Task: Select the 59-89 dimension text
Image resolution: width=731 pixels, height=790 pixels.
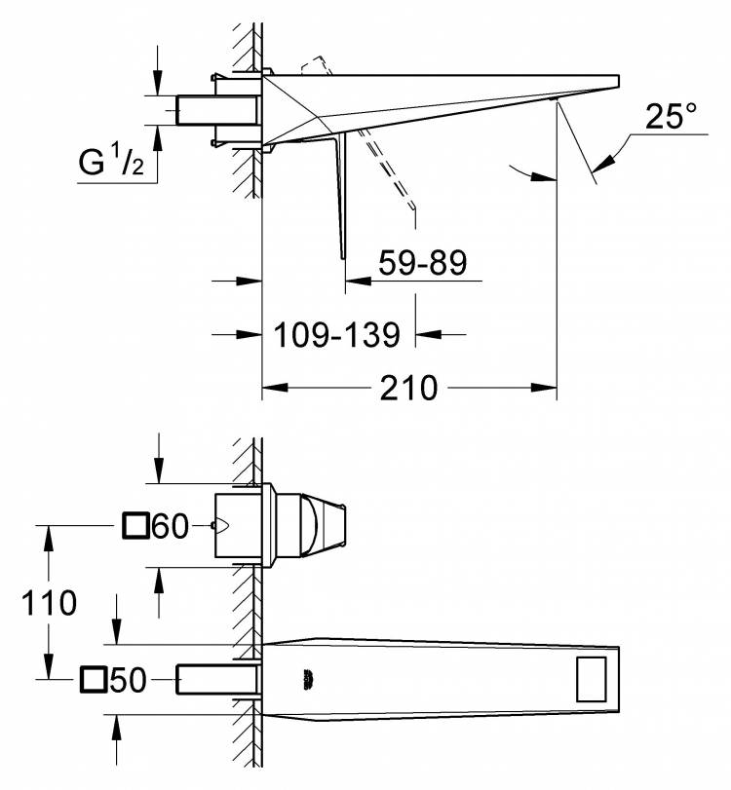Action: tap(422, 262)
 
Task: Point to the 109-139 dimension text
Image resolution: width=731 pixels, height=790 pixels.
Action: tap(336, 334)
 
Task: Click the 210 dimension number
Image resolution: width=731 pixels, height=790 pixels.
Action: tap(408, 388)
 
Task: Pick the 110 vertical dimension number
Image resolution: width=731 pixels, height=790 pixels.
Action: tap(49, 603)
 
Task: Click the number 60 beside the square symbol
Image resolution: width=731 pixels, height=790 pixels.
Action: tap(171, 526)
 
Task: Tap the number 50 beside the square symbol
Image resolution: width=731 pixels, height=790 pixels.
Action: tap(128, 680)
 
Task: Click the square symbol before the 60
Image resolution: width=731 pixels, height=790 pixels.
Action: tap(135, 526)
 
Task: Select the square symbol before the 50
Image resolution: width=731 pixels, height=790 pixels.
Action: tap(94, 680)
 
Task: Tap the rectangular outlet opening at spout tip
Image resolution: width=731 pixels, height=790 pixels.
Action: tap(592, 679)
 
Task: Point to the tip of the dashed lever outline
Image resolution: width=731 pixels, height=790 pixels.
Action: tap(414, 207)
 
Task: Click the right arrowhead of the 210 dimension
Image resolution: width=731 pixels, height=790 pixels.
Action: tap(544, 388)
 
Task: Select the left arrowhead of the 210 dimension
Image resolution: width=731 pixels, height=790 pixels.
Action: tap(275, 388)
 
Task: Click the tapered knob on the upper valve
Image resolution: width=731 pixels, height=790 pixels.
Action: tap(324, 525)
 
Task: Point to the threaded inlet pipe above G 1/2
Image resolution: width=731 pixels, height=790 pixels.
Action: tap(217, 110)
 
